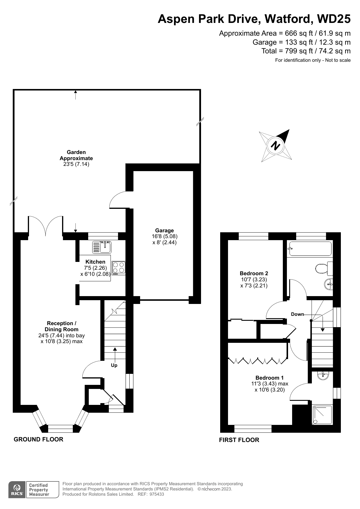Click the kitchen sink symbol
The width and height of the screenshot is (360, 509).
(x=102, y=247)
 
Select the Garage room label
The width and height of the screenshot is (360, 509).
(x=164, y=231)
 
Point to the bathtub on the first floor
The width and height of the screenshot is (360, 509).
(x=310, y=249)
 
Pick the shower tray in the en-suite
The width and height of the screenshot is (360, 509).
(x=322, y=415)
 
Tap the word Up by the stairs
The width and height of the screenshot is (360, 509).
(x=114, y=365)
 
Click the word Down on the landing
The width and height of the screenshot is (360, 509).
(x=297, y=314)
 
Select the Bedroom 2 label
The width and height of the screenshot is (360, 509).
(x=254, y=273)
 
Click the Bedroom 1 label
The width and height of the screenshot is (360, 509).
(x=269, y=378)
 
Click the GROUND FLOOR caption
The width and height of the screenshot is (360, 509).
(x=39, y=439)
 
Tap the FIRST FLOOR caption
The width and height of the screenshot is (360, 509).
(x=239, y=440)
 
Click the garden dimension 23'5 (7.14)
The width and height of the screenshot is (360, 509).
(x=76, y=164)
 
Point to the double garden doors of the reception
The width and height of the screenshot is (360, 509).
(x=46, y=225)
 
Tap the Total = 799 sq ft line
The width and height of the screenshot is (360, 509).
(x=306, y=51)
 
